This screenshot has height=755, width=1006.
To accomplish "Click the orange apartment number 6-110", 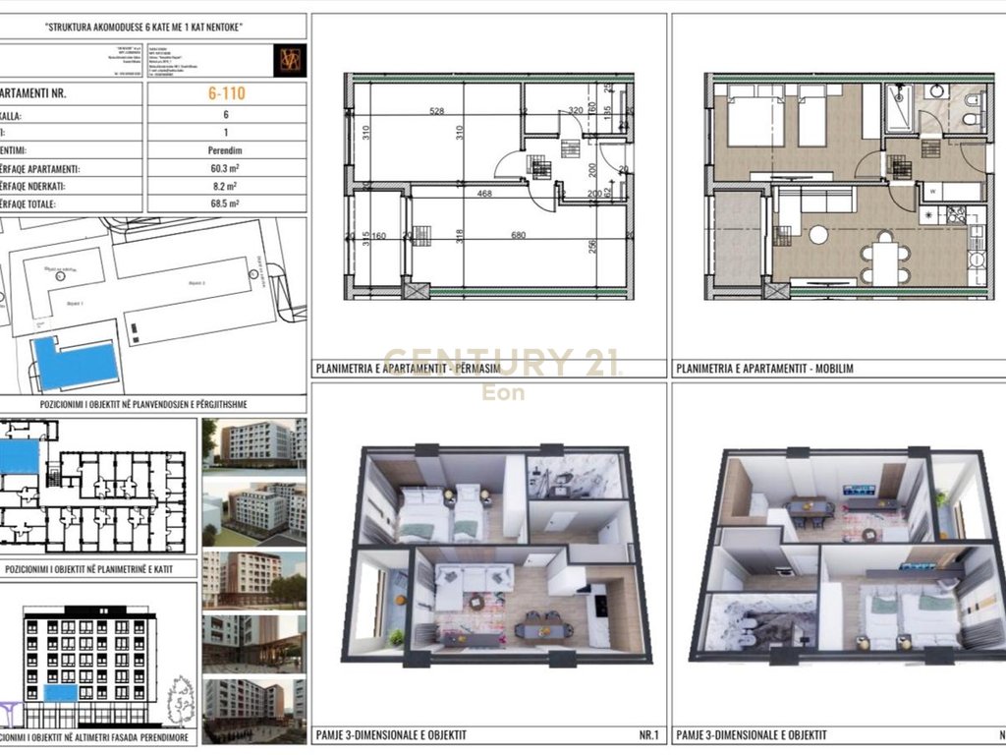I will coord(226,94).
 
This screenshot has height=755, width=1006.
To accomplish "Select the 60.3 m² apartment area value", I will coord(226,168).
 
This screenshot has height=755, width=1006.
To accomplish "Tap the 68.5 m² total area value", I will coord(226,203).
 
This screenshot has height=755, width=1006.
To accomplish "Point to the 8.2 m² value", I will coord(226,186).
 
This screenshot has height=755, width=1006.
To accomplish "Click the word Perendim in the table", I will coord(226,150).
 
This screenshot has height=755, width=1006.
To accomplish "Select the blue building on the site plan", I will coord(75,362).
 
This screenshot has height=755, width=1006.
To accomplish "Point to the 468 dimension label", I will coord(484,194).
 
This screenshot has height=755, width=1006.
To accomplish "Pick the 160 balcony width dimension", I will coord(379,235).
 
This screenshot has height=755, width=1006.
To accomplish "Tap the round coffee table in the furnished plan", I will coord(818,234).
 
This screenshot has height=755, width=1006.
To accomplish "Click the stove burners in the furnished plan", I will coord(955,215).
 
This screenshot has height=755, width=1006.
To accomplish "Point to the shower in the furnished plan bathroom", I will coord(900,109).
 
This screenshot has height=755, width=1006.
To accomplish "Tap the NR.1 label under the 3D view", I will coord(650,734).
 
